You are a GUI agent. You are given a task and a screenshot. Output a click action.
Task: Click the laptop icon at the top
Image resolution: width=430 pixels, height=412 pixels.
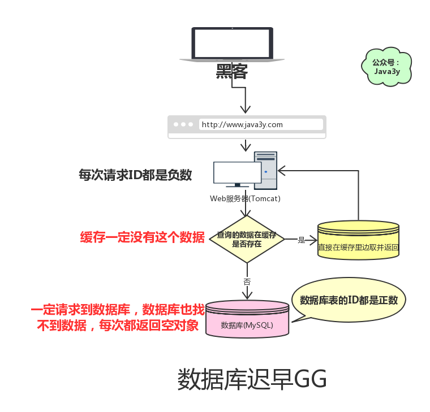point(232,44)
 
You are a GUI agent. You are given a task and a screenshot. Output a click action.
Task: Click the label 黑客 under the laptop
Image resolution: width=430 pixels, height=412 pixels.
point(232,72)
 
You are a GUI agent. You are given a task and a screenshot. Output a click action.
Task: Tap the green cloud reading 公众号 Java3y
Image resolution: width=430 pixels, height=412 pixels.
point(386,67)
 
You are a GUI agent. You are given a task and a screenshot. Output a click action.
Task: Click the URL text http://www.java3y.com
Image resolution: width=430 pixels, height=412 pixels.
point(242,124)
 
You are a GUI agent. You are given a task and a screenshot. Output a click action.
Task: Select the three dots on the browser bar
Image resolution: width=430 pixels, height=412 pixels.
point(183,124)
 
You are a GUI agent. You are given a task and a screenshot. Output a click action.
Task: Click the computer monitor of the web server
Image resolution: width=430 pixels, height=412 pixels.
point(237,173)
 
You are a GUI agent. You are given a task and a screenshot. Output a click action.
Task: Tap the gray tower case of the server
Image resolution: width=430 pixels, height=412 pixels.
point(266,170)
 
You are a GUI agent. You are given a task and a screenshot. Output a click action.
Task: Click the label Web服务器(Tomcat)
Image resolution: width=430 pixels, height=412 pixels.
point(245,199)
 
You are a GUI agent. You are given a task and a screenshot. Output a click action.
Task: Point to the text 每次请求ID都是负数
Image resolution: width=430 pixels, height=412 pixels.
point(135,175)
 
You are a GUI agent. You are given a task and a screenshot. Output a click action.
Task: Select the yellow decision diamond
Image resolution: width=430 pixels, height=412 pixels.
point(246,239)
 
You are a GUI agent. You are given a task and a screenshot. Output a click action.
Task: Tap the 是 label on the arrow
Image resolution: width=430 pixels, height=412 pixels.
point(302,240)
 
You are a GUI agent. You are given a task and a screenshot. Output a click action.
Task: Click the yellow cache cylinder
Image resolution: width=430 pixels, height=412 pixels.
point(358,240)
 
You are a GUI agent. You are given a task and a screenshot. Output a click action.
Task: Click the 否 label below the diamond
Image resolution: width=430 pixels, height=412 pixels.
point(247,281)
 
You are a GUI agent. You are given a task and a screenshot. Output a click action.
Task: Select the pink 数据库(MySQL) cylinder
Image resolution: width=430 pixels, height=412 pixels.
point(247,320)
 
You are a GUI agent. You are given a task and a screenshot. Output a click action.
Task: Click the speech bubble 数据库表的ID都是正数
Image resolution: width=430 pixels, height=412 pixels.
point(349,300)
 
